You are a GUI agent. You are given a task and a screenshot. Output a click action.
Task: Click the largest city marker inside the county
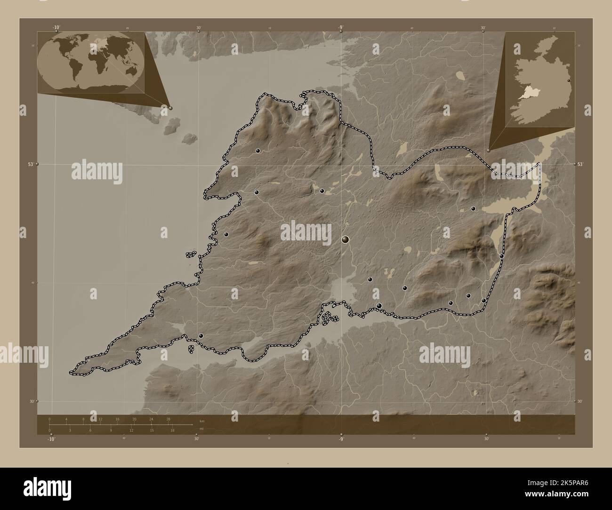pos(346,239)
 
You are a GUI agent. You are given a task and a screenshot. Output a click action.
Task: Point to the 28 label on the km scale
pos(168,419)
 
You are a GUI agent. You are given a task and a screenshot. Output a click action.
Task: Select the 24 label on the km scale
pos(151,419)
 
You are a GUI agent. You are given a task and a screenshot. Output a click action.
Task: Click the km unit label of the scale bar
pos(202,421)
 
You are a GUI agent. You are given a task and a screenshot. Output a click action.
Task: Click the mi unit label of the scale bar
pos(201,429)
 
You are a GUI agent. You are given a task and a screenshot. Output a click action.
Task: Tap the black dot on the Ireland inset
pos(569,80)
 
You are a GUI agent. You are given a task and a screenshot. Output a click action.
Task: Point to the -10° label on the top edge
pos(56,27)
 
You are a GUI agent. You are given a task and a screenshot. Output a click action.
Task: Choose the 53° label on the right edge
pos(580,164)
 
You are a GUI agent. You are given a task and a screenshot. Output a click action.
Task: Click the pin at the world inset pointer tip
pos(170,107)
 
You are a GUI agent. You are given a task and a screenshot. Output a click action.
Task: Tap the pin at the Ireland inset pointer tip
pos(488,151)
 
